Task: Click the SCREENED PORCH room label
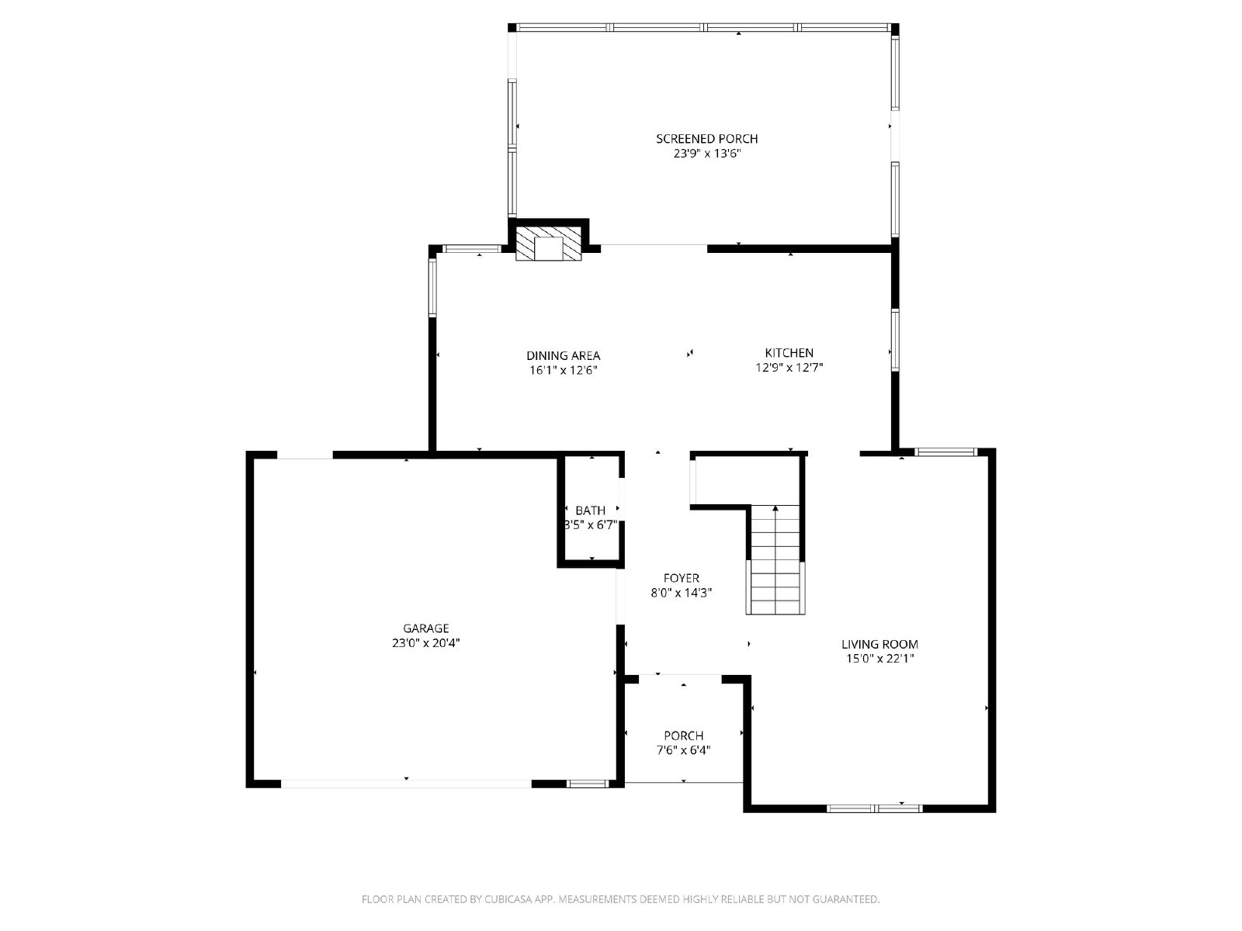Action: [x=706, y=139]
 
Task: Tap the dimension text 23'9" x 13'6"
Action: [x=706, y=154]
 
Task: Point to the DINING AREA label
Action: [x=563, y=355]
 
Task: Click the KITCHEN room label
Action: [x=789, y=353]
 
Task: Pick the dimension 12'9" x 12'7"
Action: [x=789, y=368]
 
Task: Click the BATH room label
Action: [x=590, y=510]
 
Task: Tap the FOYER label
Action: [x=681, y=578]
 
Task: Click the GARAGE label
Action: [x=425, y=628]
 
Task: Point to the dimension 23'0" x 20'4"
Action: [x=425, y=643]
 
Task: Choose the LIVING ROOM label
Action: [x=879, y=644]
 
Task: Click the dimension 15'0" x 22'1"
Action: [x=879, y=659]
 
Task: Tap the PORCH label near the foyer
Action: [x=683, y=735]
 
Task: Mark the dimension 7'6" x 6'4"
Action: [x=683, y=750]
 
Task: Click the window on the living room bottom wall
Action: [x=874, y=808]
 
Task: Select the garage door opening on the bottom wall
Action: [x=405, y=784]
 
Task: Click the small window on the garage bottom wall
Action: [x=588, y=784]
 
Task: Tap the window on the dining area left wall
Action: [x=432, y=287]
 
